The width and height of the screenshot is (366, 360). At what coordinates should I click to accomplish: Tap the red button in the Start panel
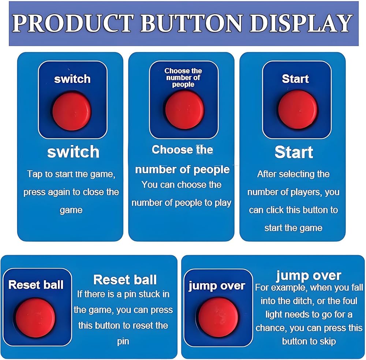[x=298, y=109]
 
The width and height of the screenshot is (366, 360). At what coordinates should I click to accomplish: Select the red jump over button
[x=218, y=317]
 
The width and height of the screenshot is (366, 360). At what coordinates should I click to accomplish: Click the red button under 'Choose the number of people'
[x=184, y=110]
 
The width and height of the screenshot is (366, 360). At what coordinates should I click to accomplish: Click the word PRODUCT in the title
[x=73, y=23]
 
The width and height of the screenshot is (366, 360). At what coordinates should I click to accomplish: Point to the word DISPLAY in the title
[x=301, y=23]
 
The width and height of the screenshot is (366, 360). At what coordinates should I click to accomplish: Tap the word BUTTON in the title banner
[x=192, y=23]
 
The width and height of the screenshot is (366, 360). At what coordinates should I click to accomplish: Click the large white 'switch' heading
[x=73, y=152]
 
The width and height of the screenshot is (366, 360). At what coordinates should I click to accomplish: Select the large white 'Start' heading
[x=294, y=152]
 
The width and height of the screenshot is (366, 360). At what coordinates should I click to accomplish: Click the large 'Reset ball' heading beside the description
[x=125, y=280]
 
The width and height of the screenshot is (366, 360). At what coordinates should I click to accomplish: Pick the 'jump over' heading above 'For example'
[x=309, y=276]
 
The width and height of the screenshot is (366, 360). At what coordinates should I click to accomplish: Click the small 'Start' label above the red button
[x=295, y=79]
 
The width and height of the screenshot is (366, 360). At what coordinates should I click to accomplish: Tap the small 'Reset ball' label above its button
[x=36, y=285]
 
